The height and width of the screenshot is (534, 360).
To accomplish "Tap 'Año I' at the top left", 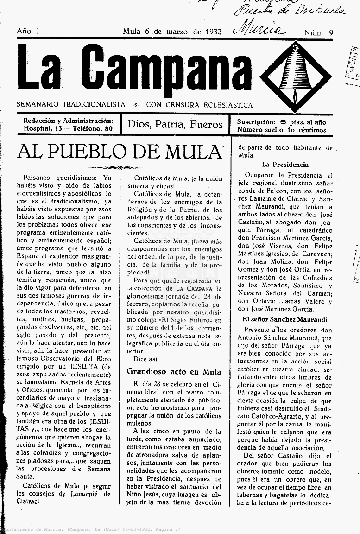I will click(28, 31).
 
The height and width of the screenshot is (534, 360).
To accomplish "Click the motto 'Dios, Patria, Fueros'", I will click(175, 124).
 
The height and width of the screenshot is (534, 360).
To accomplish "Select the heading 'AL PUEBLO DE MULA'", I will click(119, 152).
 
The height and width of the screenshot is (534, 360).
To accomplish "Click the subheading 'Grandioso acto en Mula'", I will click(174, 372).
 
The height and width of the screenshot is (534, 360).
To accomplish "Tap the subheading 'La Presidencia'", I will click(285, 165).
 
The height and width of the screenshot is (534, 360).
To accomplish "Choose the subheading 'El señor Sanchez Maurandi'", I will click(285, 319).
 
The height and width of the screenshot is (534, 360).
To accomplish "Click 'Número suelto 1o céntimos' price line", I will click(281, 130).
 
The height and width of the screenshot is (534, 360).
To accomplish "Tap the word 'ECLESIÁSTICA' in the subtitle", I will click(227, 105).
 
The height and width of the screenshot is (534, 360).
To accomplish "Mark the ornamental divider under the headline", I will click(119, 167).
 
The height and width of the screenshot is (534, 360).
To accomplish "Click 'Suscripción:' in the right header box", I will click(256, 122).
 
